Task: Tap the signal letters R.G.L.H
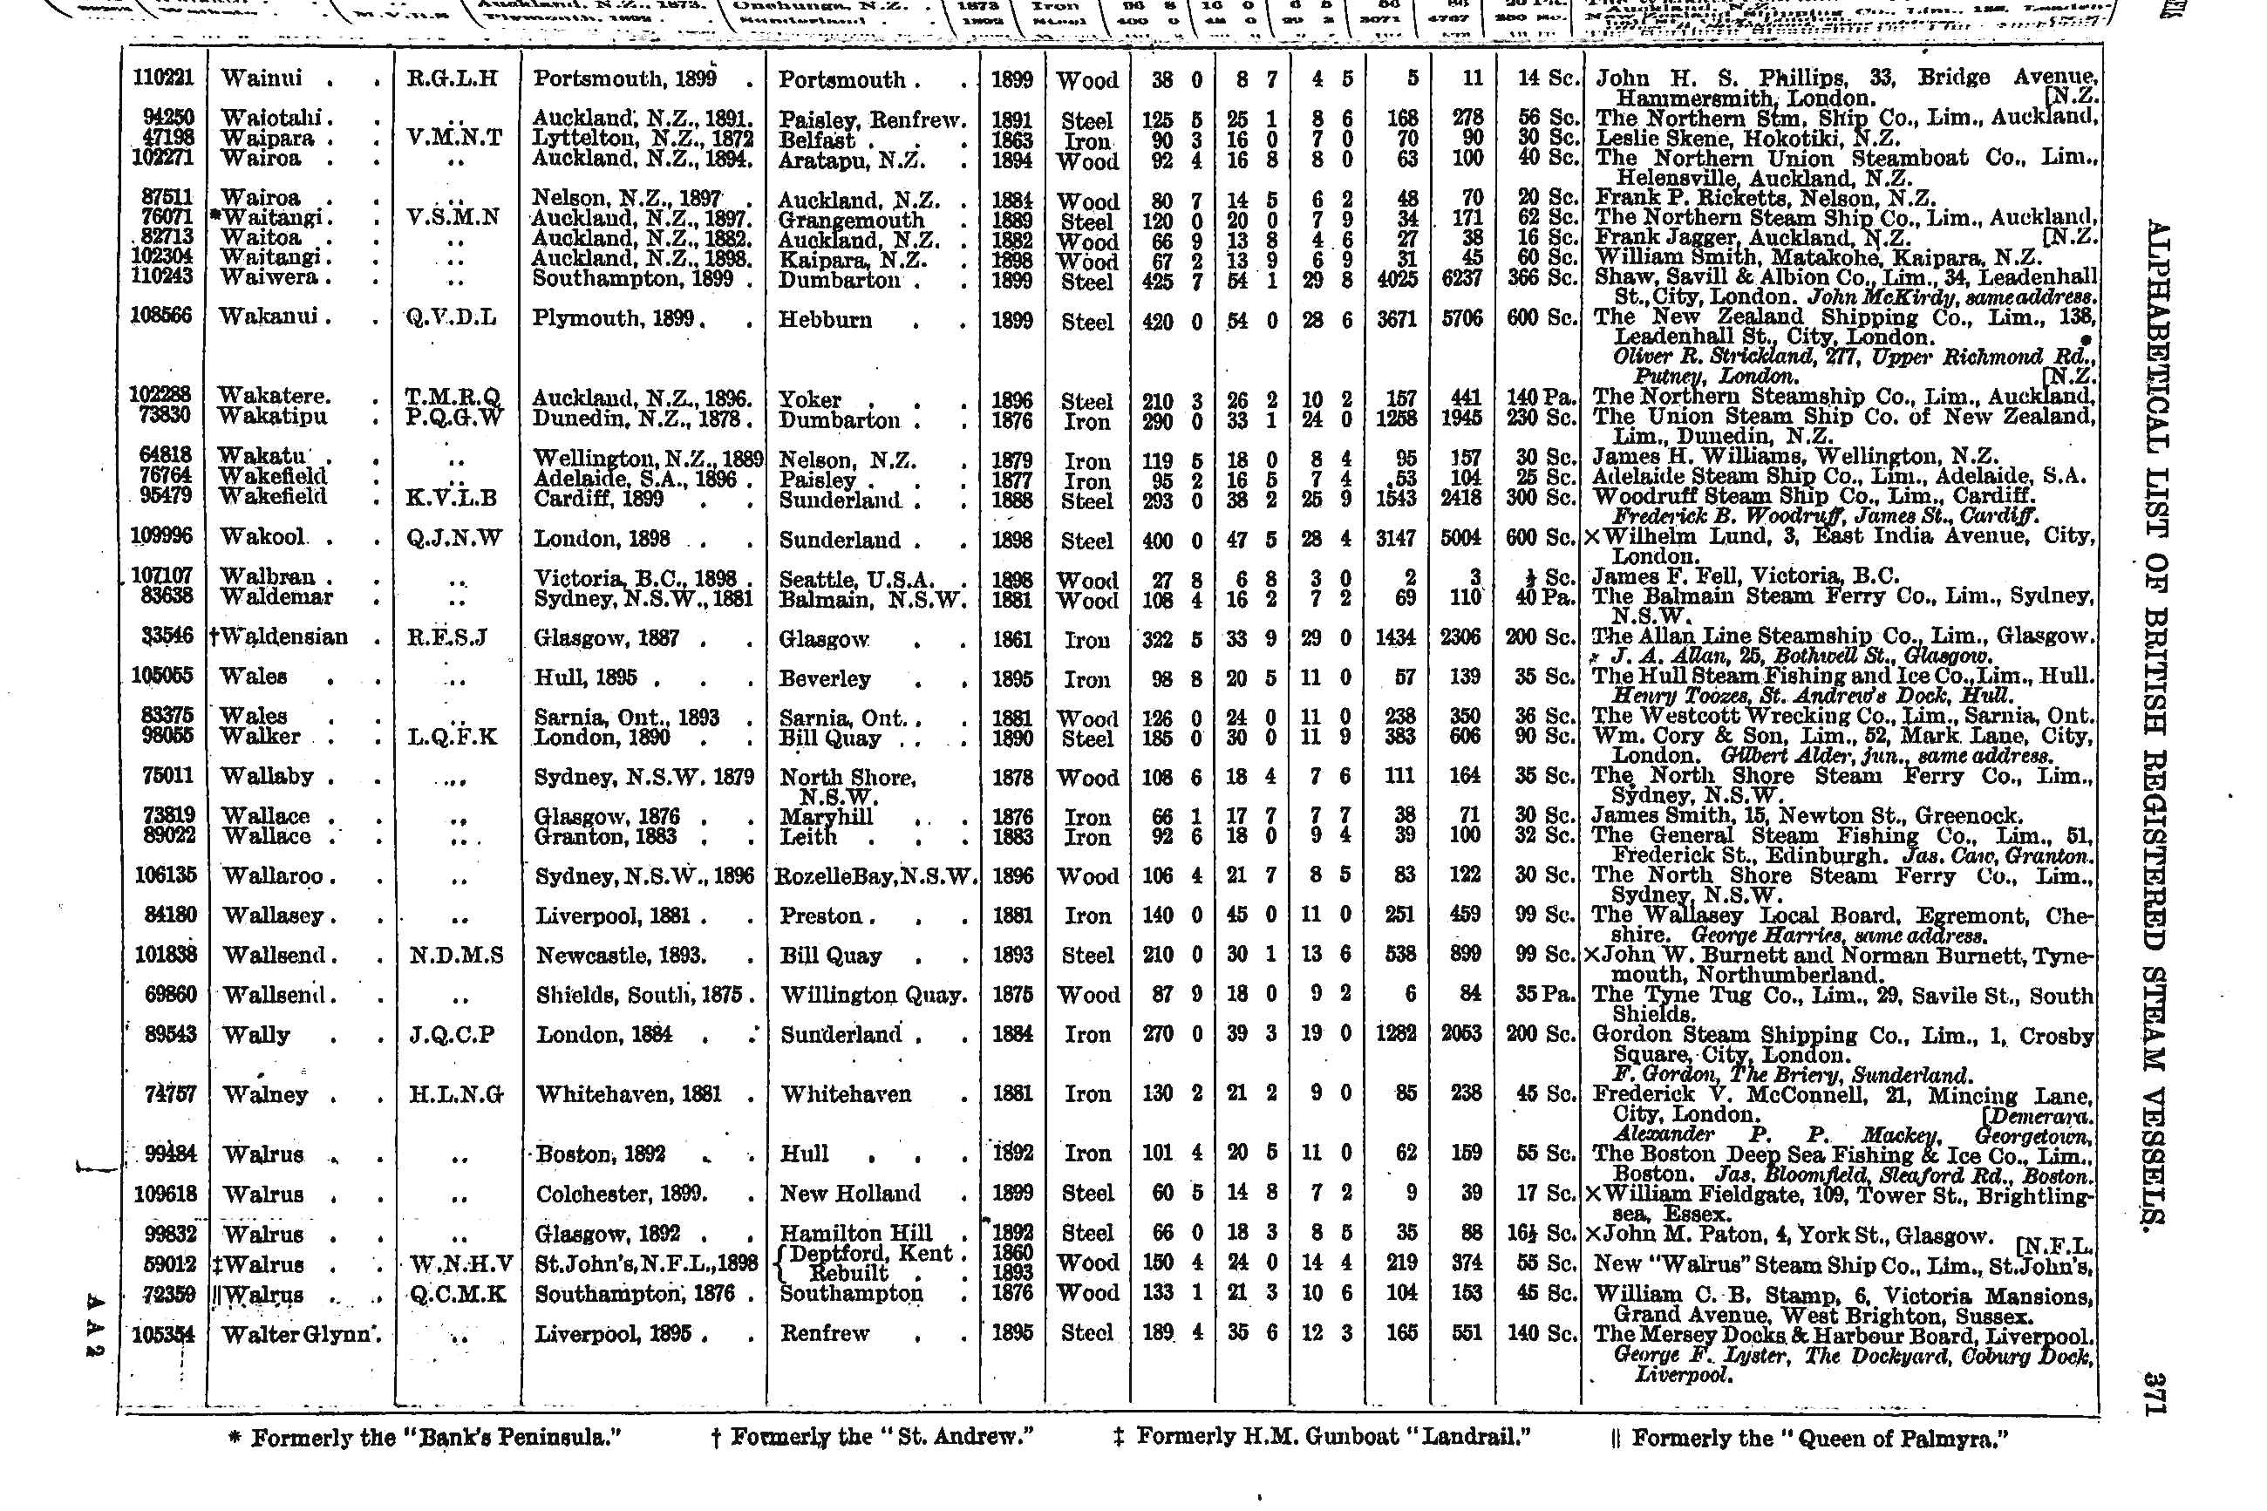pyautogui.click(x=452, y=79)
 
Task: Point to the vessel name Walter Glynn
pyautogui.click(x=296, y=1335)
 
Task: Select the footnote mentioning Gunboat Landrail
pyautogui.click(x=1321, y=1438)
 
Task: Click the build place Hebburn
pyautogui.click(x=826, y=320)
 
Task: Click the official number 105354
pyautogui.click(x=163, y=1334)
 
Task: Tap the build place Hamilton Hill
pyautogui.click(x=855, y=1234)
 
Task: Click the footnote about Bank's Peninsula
pyautogui.click(x=424, y=1439)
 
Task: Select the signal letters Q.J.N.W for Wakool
pyautogui.click(x=455, y=539)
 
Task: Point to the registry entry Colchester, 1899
pyautogui.click(x=622, y=1194)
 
